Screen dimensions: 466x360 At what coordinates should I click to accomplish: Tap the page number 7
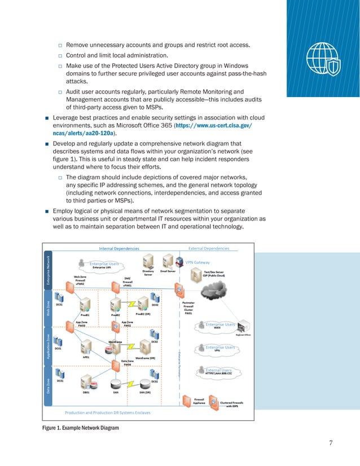pyautogui.click(x=331, y=442)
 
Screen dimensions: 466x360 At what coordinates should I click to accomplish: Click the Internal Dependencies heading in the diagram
pyautogui.click(x=119, y=248)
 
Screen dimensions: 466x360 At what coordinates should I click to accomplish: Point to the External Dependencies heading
pyautogui.click(x=209, y=248)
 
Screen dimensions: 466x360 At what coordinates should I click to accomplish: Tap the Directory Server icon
pyautogui.click(x=148, y=261)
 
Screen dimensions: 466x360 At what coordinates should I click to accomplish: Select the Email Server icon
pyautogui.click(x=168, y=261)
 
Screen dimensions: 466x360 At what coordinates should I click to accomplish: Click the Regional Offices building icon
pyautogui.click(x=244, y=327)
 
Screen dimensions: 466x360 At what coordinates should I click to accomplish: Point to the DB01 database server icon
pyautogui.click(x=86, y=384)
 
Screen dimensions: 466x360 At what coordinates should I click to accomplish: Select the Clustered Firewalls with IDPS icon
pyautogui.click(x=214, y=401)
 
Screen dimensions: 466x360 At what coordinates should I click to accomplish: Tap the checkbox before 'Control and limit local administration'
pyautogui.click(x=59, y=56)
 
